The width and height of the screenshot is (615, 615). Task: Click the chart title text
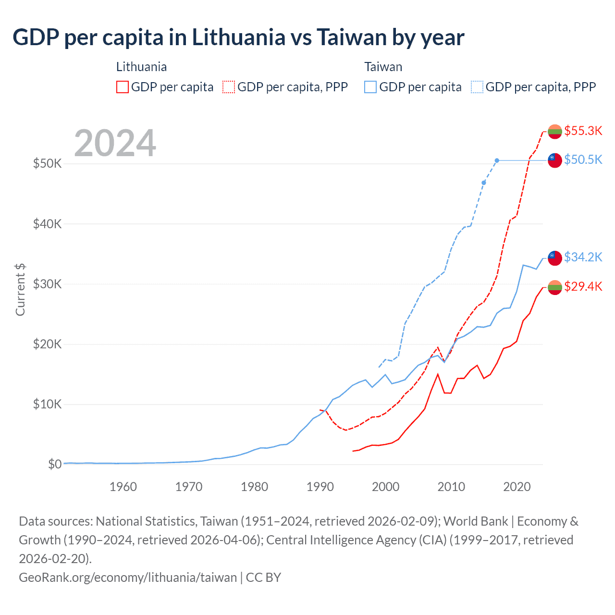pos(238,37)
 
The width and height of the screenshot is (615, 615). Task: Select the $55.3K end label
pos(583,131)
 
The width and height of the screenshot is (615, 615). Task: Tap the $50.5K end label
pos(583,160)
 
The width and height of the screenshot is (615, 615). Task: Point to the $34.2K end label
pos(583,257)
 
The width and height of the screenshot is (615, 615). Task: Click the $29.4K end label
pos(583,286)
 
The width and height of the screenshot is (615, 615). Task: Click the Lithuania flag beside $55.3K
pos(555,131)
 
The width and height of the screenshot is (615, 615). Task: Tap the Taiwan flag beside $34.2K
pos(555,258)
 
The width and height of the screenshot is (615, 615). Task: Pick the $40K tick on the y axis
pos(47,224)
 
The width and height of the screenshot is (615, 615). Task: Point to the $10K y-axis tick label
pos(47,404)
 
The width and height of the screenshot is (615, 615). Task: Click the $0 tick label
pos(55,464)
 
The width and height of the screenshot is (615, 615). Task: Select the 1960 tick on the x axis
pos(123,487)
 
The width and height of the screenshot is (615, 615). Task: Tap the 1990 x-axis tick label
pos(320,487)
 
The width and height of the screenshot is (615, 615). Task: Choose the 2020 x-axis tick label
pos(517,487)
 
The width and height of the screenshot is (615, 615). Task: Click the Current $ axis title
pos(20,290)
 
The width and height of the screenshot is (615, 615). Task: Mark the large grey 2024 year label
pos(115,143)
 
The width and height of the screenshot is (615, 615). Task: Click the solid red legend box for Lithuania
pos(123,87)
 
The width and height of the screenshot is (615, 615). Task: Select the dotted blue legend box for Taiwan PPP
pos(477,87)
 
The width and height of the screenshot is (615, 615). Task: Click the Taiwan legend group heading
pos(383,67)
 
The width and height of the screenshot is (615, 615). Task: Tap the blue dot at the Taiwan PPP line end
pos(497,160)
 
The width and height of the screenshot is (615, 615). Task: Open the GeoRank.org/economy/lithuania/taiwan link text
pos(128,577)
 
